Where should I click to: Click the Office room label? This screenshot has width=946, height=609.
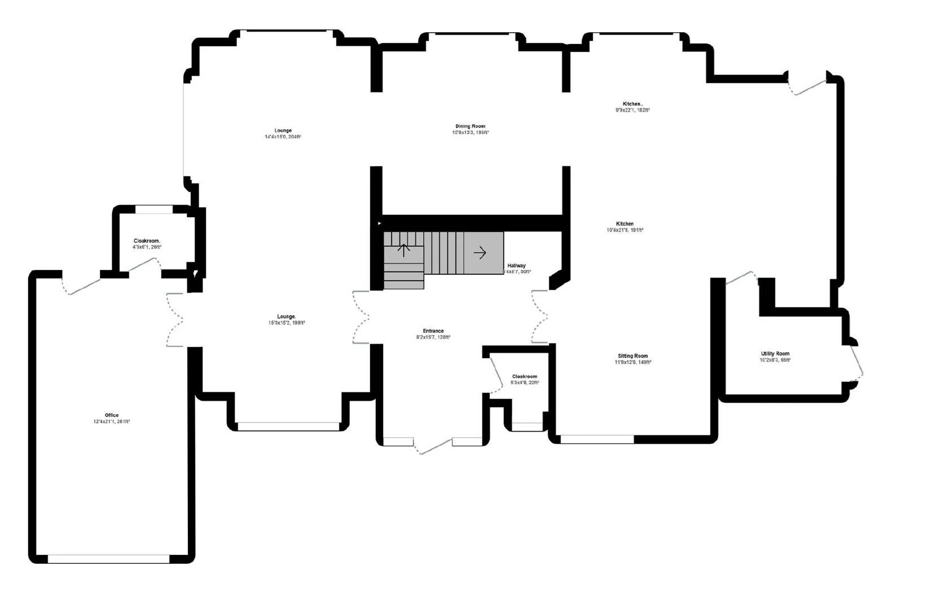pos(112,415)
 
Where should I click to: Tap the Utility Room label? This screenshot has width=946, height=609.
pos(775,354)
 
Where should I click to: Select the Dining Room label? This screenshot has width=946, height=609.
pos(470,126)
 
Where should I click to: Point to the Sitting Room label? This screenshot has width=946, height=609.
pos(633,356)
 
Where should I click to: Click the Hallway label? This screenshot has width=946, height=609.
pos(516,266)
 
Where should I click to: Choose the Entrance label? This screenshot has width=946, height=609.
pos(433,331)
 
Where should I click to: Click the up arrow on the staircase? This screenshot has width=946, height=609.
pos(404,250)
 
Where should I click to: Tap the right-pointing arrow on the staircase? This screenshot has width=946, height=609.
pos(479,253)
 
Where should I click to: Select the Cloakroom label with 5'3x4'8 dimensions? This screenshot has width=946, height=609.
pos(525,376)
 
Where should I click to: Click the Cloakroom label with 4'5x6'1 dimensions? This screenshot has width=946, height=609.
pos(147,241)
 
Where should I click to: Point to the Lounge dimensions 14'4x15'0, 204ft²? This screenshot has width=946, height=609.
pos(283,136)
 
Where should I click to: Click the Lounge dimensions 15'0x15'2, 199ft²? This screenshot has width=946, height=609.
pos(287,323)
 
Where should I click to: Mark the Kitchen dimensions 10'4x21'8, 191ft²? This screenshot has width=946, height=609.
pos(625,230)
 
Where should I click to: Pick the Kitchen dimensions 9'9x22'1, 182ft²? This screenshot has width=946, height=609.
pos(632,110)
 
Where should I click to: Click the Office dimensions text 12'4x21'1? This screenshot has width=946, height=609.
pos(112,422)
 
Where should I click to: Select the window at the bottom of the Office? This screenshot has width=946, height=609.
pos(108,559)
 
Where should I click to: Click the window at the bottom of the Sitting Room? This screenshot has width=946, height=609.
pos(597,439)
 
